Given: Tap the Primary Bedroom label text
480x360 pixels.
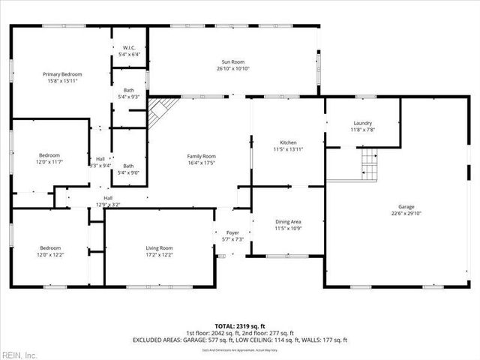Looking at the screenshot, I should coord(62,74).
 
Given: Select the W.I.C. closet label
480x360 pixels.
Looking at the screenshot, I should coord(129,47).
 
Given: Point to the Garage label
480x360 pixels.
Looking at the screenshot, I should coord(406,207).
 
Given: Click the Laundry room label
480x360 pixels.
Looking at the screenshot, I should coord(362,123).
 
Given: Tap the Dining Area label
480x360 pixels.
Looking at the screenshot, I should coord(289,222).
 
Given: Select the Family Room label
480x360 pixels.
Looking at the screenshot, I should coord(201,156).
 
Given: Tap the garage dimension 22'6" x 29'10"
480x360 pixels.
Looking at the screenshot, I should coord(406,214).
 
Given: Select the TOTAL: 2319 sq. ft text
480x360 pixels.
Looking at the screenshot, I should coord(240,325).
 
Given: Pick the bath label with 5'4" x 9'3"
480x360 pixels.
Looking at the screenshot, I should coord(129,94).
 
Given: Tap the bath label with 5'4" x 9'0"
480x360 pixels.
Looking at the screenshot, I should coord(129,169).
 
